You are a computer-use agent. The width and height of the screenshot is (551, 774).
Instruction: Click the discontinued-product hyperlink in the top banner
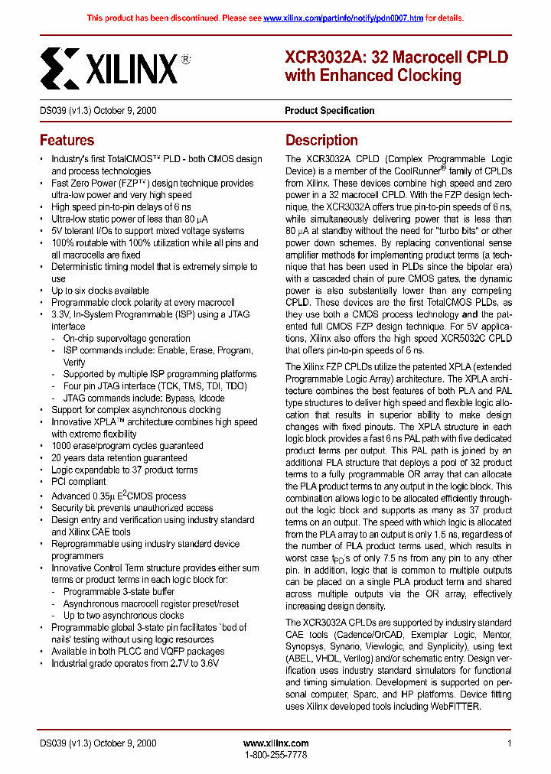pos(343,18)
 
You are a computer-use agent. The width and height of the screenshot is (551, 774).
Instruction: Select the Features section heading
pos(67,140)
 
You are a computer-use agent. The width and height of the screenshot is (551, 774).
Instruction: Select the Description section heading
pos(321,140)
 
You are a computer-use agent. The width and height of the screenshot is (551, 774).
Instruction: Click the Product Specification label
pos(330,110)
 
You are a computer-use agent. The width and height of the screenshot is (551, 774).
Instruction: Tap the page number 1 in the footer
pos(509,743)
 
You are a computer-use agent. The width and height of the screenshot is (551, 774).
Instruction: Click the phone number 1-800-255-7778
pos(275,755)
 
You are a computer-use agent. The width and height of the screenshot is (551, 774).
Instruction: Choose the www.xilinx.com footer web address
pos(275,743)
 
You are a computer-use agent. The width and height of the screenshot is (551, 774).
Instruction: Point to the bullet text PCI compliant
pos(79,482)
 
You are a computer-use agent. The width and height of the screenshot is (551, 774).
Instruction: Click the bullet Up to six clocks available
pos(100,291)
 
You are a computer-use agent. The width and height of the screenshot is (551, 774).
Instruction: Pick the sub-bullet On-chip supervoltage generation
pos(127,338)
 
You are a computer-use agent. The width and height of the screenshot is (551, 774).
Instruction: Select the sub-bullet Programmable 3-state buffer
pos(119,591)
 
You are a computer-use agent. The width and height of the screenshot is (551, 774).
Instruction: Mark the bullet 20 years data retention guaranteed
pos(119,457)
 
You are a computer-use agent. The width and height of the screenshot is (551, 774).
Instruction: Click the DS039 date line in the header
pos(98,110)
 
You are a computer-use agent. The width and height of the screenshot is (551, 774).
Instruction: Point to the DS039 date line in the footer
pos(98,743)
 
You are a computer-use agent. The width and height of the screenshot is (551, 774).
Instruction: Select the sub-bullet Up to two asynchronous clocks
pos(124,615)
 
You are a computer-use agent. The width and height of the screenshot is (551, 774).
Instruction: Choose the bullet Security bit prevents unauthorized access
pos(132,507)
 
